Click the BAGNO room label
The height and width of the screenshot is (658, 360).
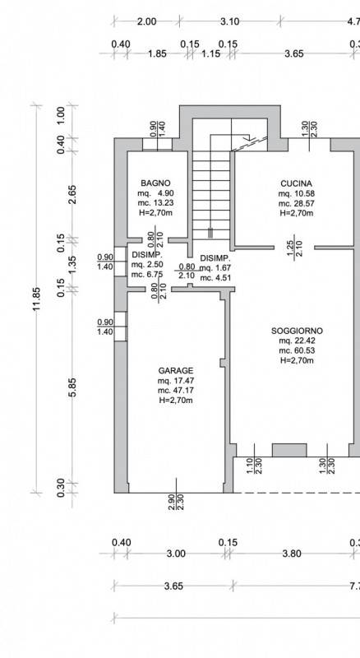(155, 183)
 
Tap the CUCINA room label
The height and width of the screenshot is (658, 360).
(296, 183)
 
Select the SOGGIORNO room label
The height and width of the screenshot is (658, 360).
(297, 331)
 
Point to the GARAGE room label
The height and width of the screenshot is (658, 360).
(176, 371)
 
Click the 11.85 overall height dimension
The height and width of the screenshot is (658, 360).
(37, 299)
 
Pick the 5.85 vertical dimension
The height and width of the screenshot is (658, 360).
(72, 387)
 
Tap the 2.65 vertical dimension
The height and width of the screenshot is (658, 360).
(72, 194)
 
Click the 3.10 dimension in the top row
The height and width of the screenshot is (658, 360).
(230, 21)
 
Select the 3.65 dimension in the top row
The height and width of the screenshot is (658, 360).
(293, 53)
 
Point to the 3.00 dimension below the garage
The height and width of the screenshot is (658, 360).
(176, 554)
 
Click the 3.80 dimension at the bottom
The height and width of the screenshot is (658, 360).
(292, 554)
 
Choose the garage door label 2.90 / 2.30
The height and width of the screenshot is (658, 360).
(175, 502)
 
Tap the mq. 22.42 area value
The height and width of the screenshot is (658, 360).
(297, 341)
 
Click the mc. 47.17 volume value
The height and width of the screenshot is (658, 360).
(176, 391)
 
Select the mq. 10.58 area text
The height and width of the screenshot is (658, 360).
(296, 194)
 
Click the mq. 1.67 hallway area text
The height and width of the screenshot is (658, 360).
(215, 268)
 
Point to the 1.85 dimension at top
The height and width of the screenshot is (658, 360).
(157, 53)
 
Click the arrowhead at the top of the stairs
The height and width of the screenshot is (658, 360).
(248, 137)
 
